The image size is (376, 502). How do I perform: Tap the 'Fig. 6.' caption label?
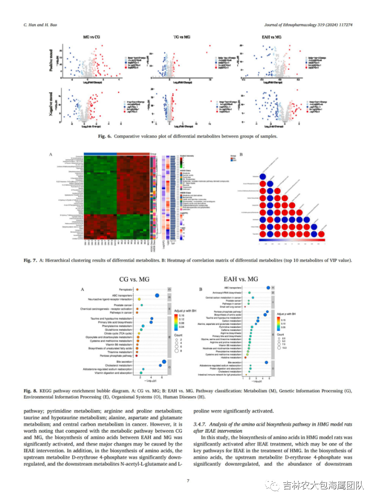pos(106,136)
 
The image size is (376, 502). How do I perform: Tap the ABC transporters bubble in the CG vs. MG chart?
pos(157,296)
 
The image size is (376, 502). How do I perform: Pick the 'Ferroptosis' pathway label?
pos(125,289)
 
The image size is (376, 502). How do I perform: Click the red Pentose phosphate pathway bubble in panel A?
pos(136,356)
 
